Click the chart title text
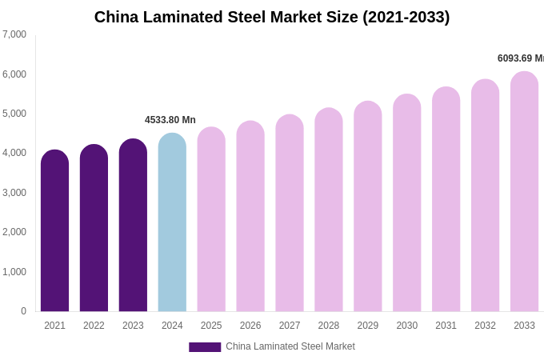click(272, 17)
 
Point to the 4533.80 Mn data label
click(170, 120)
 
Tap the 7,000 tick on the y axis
click(14, 34)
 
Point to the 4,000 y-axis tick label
click(14, 153)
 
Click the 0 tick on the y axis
click(23, 311)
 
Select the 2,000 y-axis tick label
click(14, 232)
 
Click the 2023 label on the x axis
click(133, 326)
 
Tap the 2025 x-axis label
click(211, 326)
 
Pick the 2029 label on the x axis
click(367, 326)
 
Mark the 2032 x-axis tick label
click(485, 326)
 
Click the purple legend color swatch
click(205, 347)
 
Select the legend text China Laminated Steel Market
click(290, 346)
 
